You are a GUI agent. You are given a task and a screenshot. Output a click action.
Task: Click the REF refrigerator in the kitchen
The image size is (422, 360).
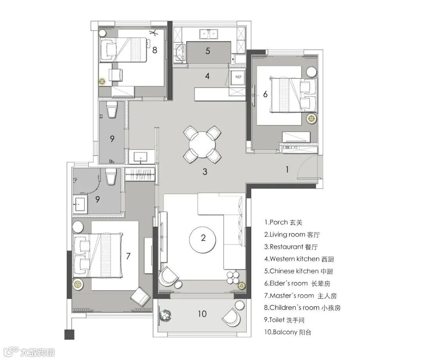pyautogui.click(x=238, y=77)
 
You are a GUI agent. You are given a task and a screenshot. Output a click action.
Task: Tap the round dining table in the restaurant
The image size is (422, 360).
pyautogui.click(x=202, y=144)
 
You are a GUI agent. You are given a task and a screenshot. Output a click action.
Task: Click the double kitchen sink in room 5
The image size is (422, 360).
pyautogui.click(x=209, y=34)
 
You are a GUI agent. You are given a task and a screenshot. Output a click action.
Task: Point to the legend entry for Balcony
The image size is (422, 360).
pyautogui.click(x=288, y=332)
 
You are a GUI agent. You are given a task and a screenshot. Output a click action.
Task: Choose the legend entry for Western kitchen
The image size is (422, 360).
pyautogui.click(x=299, y=259)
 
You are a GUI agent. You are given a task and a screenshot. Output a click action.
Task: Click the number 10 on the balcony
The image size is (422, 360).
pyautogui.click(x=202, y=314)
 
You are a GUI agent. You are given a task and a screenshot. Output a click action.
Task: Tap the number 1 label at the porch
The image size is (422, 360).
pyautogui.click(x=287, y=169)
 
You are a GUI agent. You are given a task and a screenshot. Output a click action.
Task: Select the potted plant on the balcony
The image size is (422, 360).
pyautogui.click(x=166, y=315)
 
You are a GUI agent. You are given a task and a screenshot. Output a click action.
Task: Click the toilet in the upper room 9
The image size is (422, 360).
pyautogui.click(x=112, y=109)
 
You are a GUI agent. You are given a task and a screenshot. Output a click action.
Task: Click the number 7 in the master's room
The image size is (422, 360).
pyautogui.click(x=129, y=256)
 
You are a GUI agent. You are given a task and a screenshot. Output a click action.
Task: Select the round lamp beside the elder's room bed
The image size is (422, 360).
pyautogui.click(x=312, y=118)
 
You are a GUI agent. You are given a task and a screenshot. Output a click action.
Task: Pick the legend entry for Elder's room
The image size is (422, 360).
pyautogui.click(x=297, y=283)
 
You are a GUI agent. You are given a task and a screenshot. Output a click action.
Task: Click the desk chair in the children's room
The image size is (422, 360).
pyautogui.click(x=116, y=75)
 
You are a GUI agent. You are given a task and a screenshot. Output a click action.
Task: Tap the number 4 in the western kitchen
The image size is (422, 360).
pyautogui.click(x=207, y=76)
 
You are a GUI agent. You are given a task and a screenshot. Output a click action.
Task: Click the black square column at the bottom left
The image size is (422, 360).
pyautogui.click(x=69, y=335)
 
